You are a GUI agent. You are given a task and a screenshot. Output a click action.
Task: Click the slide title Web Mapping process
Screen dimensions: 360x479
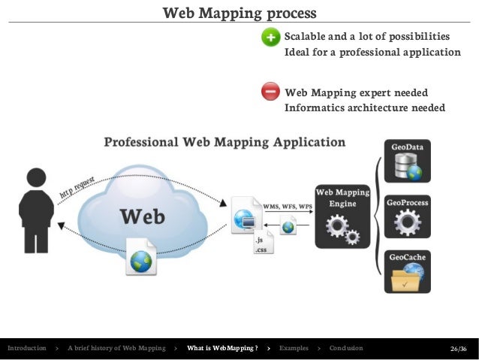[239, 13]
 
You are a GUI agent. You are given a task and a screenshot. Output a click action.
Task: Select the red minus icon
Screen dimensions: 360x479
[271, 92]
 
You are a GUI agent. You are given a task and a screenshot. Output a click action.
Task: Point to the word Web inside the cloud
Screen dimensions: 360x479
[143, 216]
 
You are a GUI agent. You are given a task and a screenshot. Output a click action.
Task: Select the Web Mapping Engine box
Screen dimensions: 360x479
[342, 217]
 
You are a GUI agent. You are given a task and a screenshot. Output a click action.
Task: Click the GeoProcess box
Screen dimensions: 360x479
[406, 218]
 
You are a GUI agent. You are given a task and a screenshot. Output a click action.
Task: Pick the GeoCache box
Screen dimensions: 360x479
[406, 272]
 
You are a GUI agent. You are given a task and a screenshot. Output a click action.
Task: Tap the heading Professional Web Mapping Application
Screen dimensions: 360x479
[224, 141]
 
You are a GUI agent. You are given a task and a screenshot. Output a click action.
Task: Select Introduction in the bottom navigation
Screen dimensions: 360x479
[26, 349]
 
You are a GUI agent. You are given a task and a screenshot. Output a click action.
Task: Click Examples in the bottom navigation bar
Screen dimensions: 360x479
[293, 349]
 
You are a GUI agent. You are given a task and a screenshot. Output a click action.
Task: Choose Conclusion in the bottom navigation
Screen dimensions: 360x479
[345, 349]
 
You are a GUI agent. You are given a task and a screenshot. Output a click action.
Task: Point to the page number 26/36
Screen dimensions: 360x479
[458, 349]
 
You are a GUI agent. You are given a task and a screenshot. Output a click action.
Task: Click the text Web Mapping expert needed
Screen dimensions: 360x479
[356, 92]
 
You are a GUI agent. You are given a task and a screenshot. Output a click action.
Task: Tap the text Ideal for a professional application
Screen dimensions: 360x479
[372, 53]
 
